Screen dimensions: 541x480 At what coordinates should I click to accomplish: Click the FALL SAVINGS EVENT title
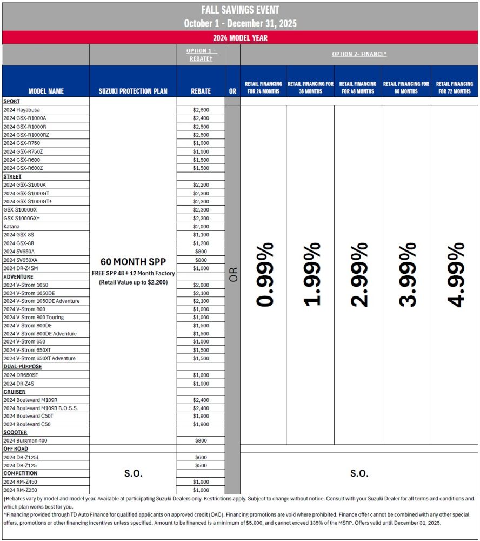240,10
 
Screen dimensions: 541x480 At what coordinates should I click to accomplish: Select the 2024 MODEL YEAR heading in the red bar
240,38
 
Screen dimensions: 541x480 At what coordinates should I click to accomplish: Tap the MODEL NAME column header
46,91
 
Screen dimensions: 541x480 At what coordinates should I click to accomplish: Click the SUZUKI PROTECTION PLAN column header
133,91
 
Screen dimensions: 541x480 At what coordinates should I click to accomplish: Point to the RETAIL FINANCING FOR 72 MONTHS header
454,88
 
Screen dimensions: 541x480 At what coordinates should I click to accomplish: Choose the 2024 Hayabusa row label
21,110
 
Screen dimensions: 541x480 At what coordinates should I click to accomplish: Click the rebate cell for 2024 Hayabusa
201,110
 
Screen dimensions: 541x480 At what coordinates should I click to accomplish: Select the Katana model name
12,226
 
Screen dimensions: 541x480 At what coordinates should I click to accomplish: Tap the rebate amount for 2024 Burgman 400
201,440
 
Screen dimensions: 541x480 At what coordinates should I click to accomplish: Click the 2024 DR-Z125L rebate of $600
201,457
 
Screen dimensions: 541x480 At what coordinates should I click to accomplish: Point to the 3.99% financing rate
406,275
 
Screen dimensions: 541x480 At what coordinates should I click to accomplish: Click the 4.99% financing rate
455,275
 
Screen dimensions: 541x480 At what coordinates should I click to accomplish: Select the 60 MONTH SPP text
133,262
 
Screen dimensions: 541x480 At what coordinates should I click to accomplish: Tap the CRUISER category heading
14,392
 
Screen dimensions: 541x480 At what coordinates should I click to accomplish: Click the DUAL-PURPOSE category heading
22,367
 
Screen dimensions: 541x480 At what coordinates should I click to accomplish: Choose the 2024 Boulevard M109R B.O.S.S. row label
41,408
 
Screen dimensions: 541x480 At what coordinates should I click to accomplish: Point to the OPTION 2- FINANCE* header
359,54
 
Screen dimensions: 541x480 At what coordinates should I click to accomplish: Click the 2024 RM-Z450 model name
20,481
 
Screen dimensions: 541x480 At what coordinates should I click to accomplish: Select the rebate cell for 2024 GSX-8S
201,235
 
